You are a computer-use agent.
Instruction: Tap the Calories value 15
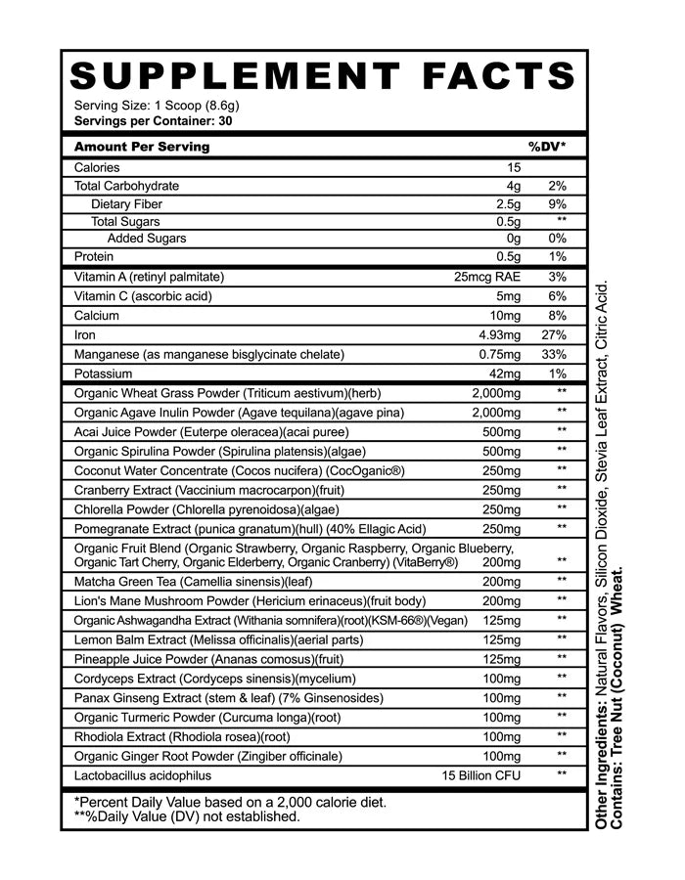coord(514,167)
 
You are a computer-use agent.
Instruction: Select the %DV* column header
coord(547,147)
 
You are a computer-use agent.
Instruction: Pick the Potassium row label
coord(107,374)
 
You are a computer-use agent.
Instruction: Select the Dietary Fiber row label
coord(126,204)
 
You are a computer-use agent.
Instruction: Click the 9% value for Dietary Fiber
coord(558,204)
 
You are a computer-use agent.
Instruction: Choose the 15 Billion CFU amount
coord(479,775)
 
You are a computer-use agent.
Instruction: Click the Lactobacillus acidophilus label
coord(143,775)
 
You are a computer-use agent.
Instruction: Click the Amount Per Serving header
coord(142,147)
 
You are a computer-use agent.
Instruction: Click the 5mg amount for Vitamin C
coord(508,296)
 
